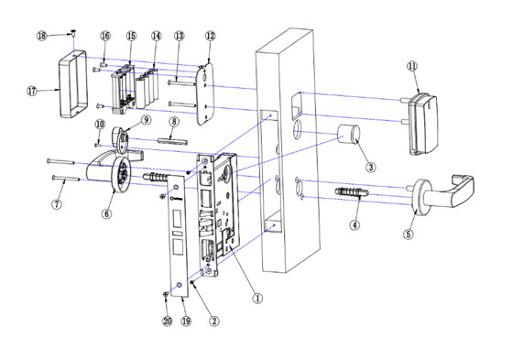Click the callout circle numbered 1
click(x=258, y=298)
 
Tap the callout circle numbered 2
click(x=213, y=321)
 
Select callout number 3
click(x=370, y=167)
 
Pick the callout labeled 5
click(x=409, y=235)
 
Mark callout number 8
click(x=174, y=123)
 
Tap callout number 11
click(x=411, y=66)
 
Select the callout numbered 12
click(x=211, y=36)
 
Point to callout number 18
click(x=41, y=34)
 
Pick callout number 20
click(x=167, y=321)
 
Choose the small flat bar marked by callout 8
click(x=173, y=141)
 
